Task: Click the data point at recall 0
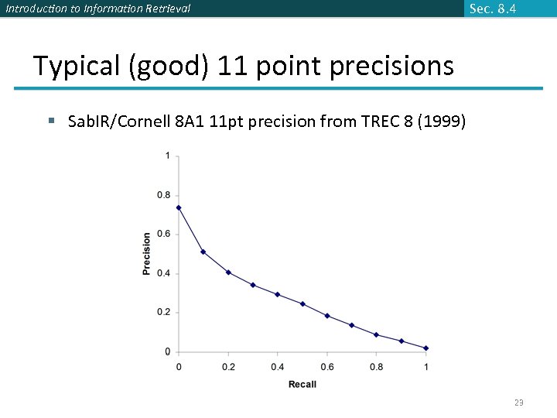point(179,207)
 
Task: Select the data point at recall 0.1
point(203,252)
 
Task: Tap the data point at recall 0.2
point(228,272)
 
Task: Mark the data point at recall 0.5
point(302,304)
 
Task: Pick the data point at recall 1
point(426,348)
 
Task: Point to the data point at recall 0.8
point(377,335)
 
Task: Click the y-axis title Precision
point(147,254)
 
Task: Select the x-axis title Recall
point(302,385)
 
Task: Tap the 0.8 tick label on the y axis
point(164,195)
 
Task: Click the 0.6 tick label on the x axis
point(327,366)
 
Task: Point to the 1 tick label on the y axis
point(168,156)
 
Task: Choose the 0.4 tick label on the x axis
point(278,366)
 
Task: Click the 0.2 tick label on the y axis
point(164,313)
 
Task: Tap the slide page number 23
point(519,403)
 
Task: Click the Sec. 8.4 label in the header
point(492,9)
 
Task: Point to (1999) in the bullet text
point(441,122)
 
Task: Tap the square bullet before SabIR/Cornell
point(51,122)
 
